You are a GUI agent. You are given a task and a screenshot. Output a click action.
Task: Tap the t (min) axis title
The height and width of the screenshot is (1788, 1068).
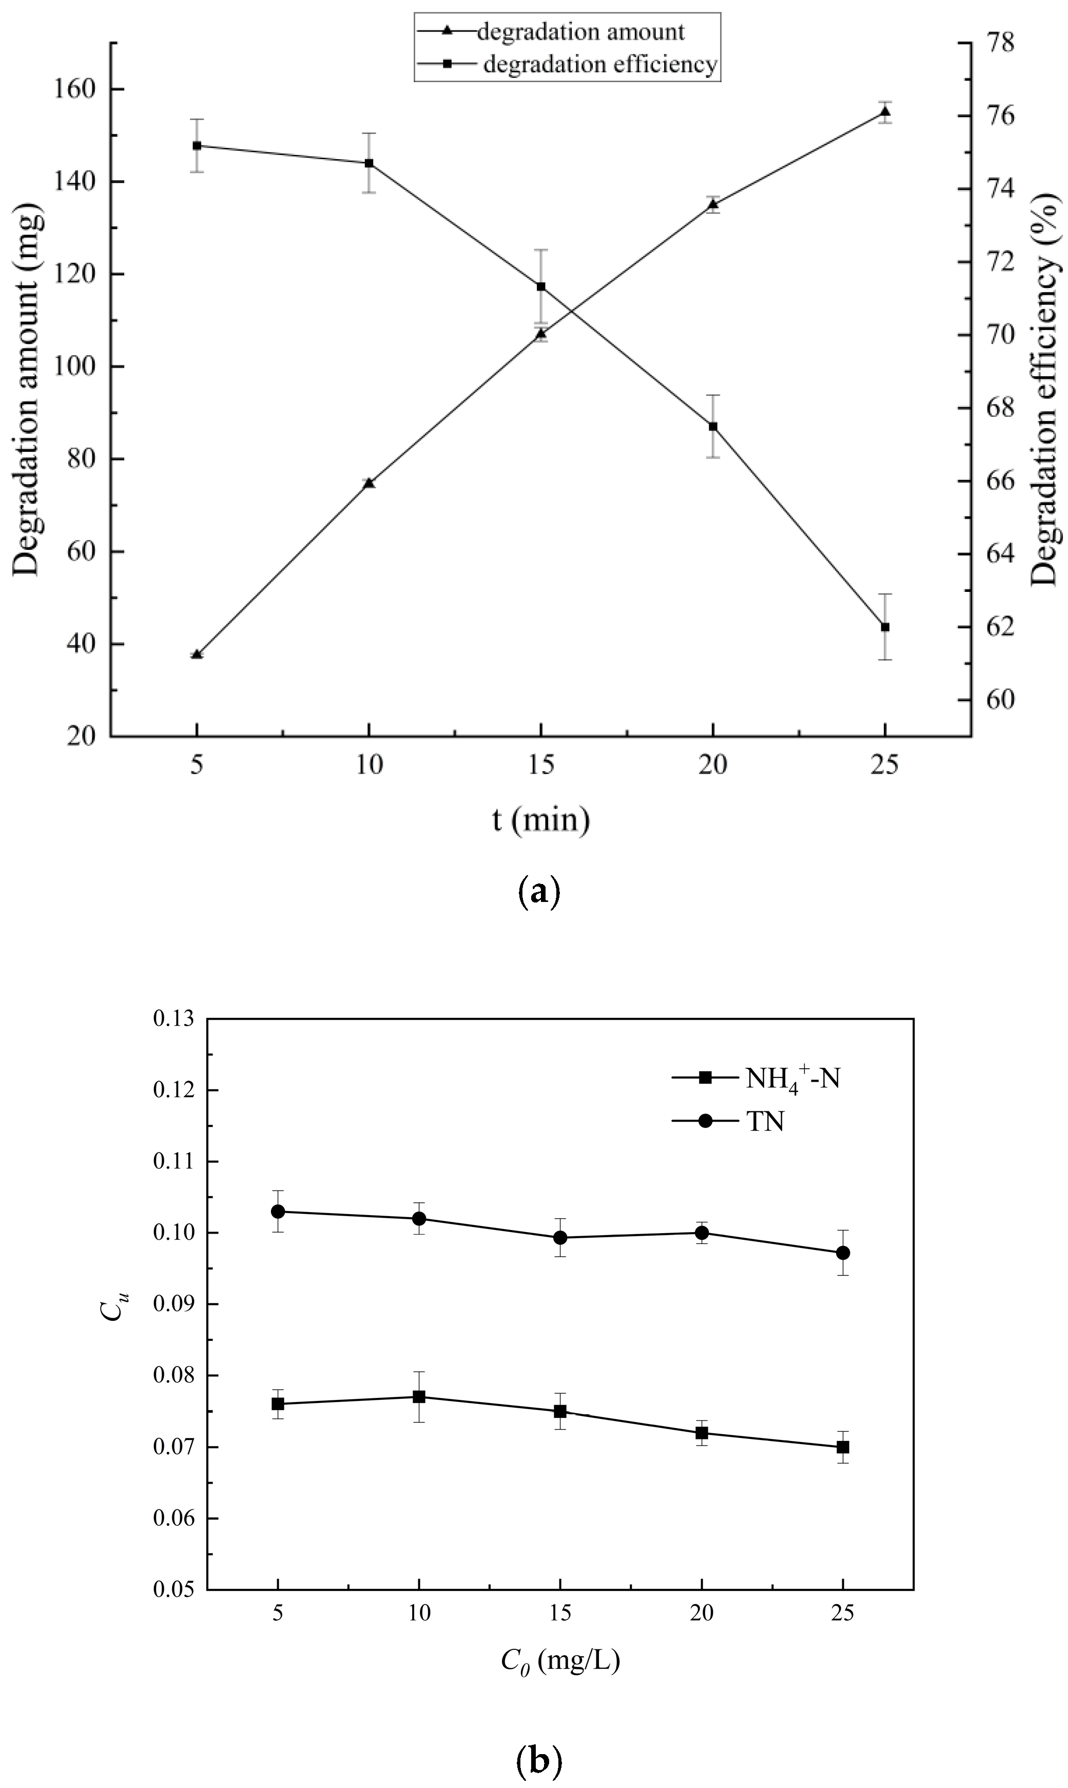(x=541, y=820)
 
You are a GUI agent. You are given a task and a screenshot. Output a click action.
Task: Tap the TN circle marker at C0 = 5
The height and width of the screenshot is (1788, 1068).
(x=278, y=1212)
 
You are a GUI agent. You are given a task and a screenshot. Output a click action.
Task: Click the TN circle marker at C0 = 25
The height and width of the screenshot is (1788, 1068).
(x=843, y=1253)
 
